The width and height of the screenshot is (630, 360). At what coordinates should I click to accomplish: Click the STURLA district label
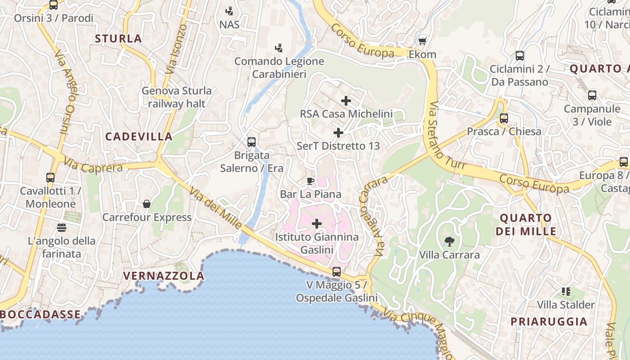pos(118,39)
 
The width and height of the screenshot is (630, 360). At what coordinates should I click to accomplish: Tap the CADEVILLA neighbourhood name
pos(139,136)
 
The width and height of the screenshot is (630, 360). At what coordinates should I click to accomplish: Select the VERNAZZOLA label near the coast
pos(163,275)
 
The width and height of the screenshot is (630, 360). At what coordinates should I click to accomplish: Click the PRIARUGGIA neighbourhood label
pos(549,321)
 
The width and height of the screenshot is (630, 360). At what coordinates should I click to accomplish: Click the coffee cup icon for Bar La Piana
pos(310,181)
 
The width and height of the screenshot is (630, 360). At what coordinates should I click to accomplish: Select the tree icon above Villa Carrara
pos(449,242)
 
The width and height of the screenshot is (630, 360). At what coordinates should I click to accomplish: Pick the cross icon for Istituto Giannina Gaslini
pos(317,223)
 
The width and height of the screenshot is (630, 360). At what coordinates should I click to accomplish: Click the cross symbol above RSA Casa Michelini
pos(346,101)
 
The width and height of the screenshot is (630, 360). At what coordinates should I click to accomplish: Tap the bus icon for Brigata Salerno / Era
pos(252,142)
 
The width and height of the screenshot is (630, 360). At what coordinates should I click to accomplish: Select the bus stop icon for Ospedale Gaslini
pos(336,272)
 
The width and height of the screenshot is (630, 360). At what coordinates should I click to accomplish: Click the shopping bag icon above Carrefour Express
pos(147,204)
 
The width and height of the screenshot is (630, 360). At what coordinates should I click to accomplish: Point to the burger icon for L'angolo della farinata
pos(62,227)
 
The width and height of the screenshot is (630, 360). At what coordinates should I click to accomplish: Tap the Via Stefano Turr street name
pos(446,135)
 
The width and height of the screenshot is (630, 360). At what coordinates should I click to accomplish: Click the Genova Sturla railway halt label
pos(176,97)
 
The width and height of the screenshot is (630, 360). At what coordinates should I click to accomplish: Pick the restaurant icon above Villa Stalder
pos(566,292)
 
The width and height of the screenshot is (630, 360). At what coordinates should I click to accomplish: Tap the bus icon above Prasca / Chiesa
pos(504,118)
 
